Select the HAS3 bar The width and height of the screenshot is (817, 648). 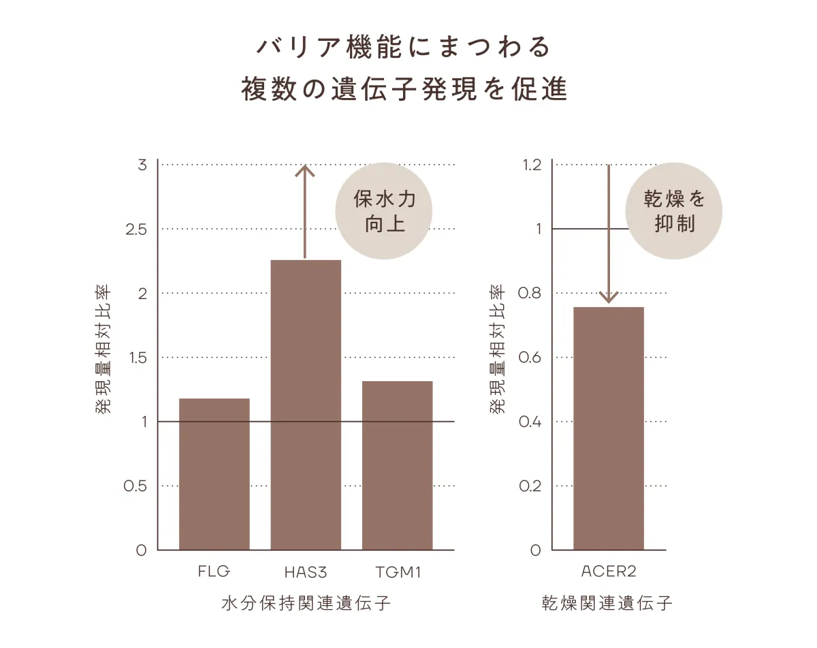pyautogui.click(x=306, y=405)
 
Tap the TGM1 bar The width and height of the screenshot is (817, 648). pyautogui.click(x=397, y=466)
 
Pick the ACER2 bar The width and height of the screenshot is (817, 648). pyautogui.click(x=608, y=428)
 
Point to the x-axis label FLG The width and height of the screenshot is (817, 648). pyautogui.click(x=214, y=571)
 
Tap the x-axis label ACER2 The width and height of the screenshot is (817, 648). pyautogui.click(x=609, y=571)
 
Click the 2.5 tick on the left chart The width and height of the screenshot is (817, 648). pyautogui.click(x=136, y=229)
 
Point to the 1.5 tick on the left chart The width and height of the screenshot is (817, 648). pyautogui.click(x=137, y=358)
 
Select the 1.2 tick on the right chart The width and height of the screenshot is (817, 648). pyautogui.click(x=532, y=165)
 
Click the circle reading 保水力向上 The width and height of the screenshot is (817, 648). pyautogui.click(x=385, y=211)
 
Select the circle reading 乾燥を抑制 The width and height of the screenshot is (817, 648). pyautogui.click(x=674, y=211)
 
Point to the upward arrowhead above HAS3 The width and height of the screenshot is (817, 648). pyautogui.click(x=305, y=171)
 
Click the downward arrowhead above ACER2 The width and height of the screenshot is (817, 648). pyautogui.click(x=609, y=297)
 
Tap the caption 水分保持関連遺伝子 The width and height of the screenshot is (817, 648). pyautogui.click(x=306, y=604)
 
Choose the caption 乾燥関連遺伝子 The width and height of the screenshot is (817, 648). pyautogui.click(x=607, y=604)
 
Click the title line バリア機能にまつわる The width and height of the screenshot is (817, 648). pyautogui.click(x=403, y=48)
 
